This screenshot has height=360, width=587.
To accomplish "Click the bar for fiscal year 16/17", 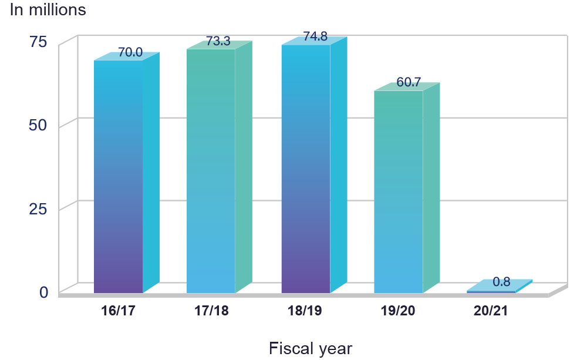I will [x=119, y=176].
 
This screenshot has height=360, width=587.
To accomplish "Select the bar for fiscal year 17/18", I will [x=211, y=170].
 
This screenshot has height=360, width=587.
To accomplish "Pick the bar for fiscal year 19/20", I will [x=399, y=191].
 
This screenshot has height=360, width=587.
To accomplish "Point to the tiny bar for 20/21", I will [x=491, y=291].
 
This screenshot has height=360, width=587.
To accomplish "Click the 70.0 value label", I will [x=130, y=52].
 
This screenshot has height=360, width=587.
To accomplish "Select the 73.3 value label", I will [x=218, y=41].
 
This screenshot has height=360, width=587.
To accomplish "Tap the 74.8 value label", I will [x=315, y=37].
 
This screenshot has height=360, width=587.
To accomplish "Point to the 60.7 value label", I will [x=409, y=82].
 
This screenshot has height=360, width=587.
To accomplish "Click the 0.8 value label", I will [x=501, y=282].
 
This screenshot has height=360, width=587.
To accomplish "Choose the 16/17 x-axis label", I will [x=119, y=311].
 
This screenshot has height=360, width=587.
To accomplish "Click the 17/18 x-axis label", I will [x=211, y=311].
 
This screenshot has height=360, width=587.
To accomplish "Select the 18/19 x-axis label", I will [x=306, y=311].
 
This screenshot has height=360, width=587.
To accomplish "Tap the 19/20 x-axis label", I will [x=398, y=311].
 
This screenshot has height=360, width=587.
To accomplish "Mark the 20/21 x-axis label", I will [x=491, y=311].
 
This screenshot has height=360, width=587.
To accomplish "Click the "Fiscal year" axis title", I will [x=310, y=348].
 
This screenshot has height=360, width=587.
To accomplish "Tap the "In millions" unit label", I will [x=48, y=10].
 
